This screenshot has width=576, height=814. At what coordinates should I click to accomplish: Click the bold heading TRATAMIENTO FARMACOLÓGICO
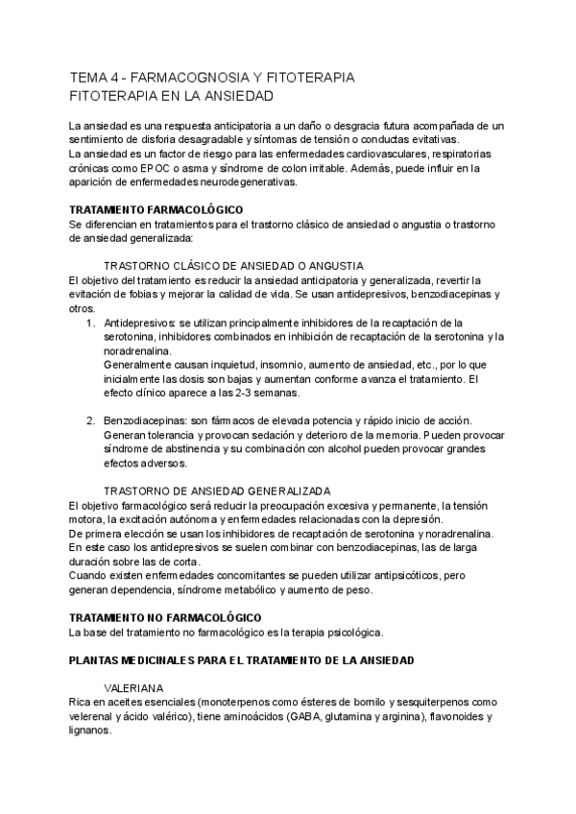[156, 209]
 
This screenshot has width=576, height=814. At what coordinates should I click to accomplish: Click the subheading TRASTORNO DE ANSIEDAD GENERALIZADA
[217, 491]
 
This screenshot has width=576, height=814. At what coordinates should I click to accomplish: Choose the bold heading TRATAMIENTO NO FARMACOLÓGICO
[165, 617]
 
